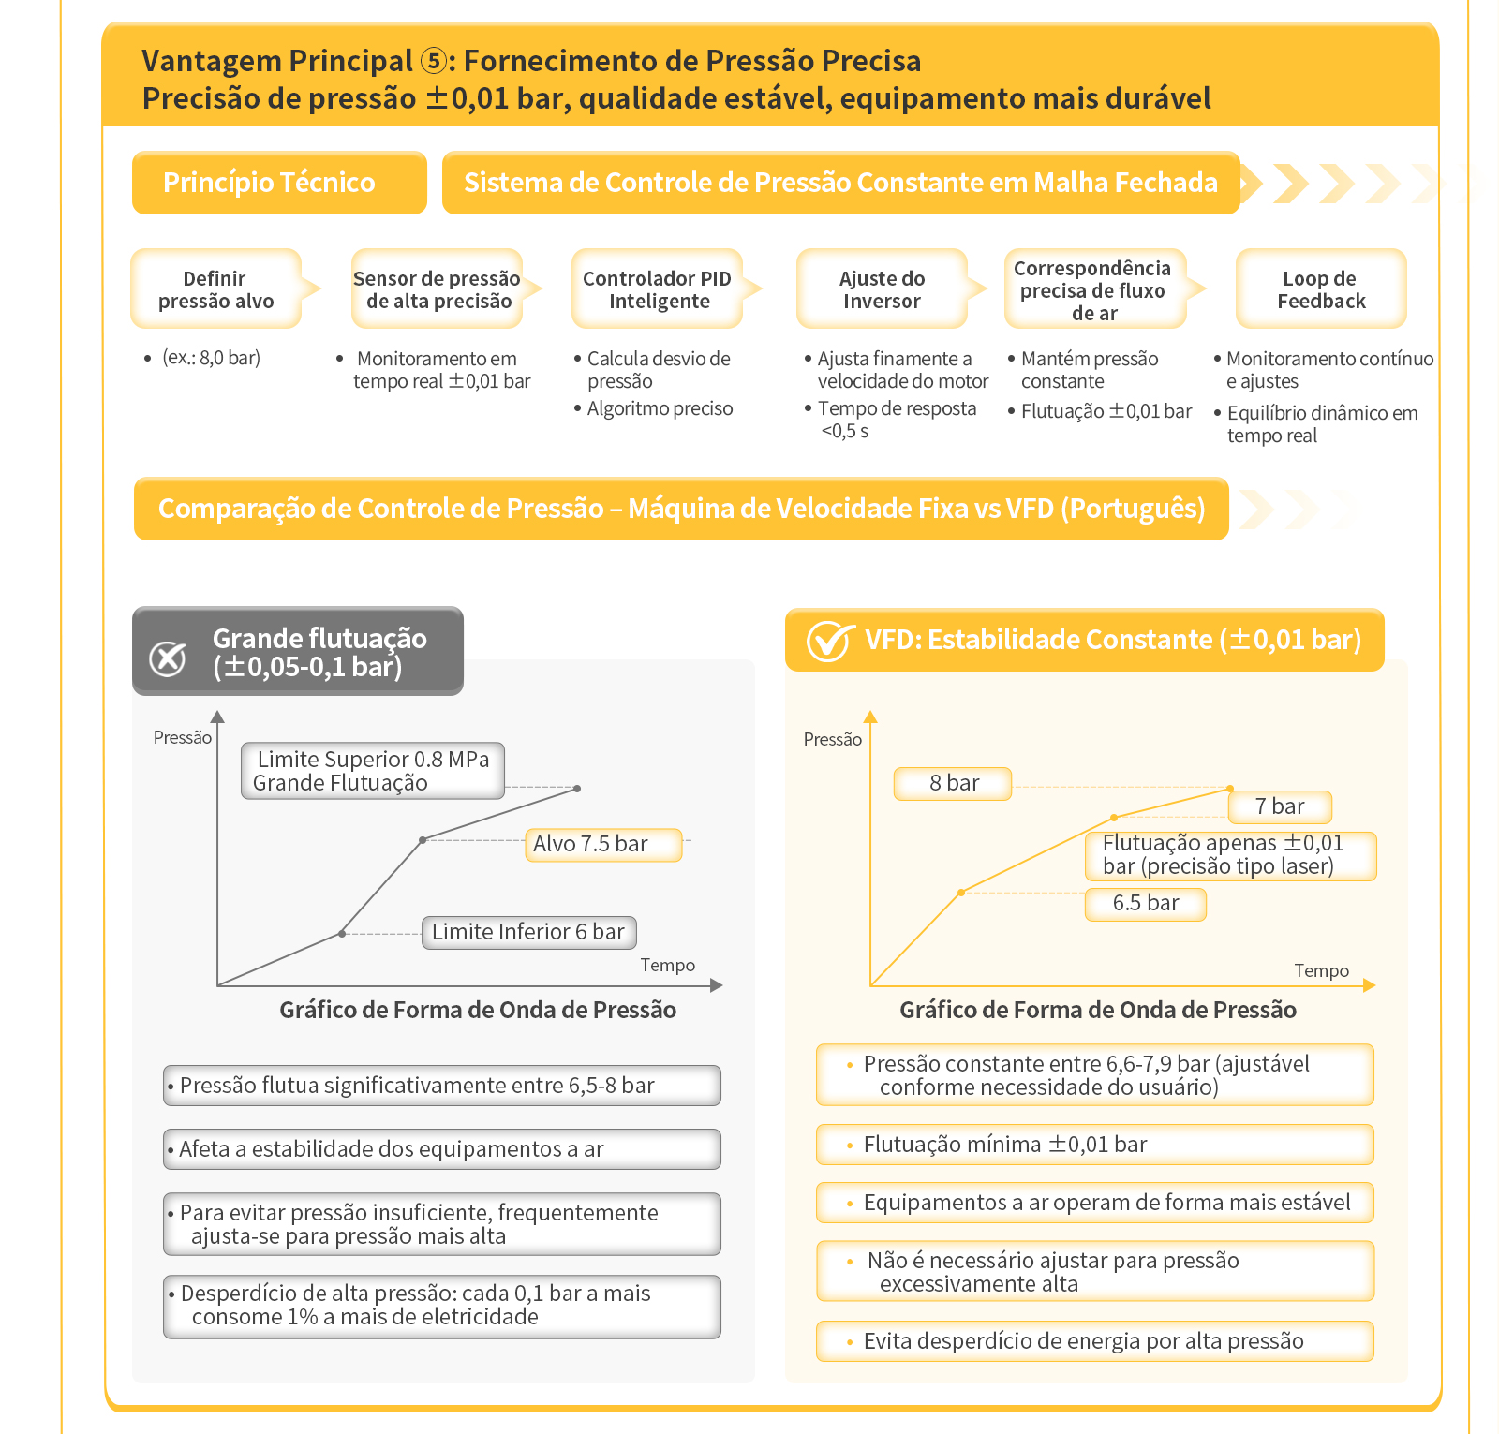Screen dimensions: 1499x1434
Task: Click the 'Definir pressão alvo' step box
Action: tap(216, 288)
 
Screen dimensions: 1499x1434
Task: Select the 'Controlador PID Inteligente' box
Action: tap(658, 288)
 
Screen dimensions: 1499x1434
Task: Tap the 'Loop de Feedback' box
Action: tap(1321, 288)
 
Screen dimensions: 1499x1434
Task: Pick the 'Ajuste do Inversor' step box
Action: tap(882, 288)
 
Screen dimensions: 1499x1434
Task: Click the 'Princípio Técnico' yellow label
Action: tap(279, 183)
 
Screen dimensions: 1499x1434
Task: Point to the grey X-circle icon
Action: tap(168, 658)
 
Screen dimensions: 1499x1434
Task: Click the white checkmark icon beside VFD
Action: tap(829, 641)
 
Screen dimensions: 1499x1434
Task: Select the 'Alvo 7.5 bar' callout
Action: tap(602, 844)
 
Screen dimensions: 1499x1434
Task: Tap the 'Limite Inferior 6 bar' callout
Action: tap(528, 932)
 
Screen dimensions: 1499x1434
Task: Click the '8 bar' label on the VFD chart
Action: tap(953, 783)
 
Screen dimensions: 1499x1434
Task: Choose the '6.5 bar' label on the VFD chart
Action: tap(1145, 903)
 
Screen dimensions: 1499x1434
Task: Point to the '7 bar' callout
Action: tap(1280, 806)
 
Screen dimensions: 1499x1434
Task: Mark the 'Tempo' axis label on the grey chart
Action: tap(668, 965)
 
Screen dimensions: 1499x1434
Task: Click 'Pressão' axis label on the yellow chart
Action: tap(832, 739)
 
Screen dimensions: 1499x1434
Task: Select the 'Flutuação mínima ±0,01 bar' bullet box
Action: tap(1095, 1145)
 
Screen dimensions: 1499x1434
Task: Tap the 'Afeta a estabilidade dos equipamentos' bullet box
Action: tap(442, 1149)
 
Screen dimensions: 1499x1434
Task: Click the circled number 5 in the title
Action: tap(433, 61)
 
